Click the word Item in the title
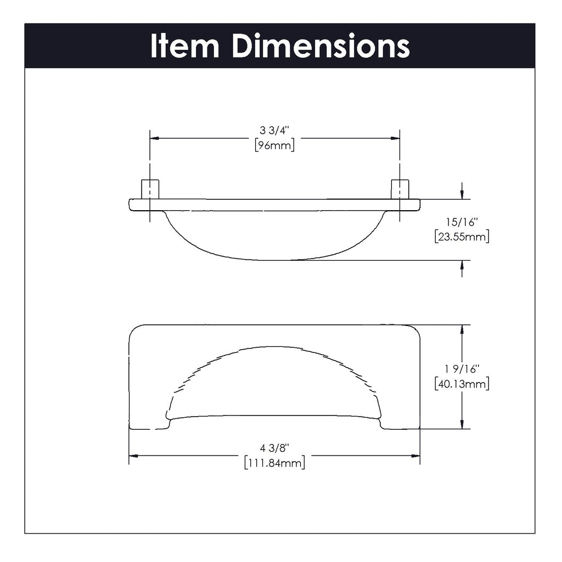click(185, 47)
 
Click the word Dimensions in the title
click(321, 47)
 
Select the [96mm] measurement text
click(274, 145)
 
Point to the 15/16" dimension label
click(462, 223)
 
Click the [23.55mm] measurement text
click(462, 237)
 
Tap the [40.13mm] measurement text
click(462, 384)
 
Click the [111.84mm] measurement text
click(274, 463)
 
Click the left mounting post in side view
click(150, 189)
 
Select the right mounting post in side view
click(400, 189)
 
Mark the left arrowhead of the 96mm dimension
click(155, 138)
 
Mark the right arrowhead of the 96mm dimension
click(395, 138)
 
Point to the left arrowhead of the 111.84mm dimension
click(133, 456)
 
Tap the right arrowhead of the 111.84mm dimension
click(415, 456)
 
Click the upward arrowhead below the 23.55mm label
click(462, 265)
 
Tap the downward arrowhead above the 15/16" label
click(462, 194)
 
